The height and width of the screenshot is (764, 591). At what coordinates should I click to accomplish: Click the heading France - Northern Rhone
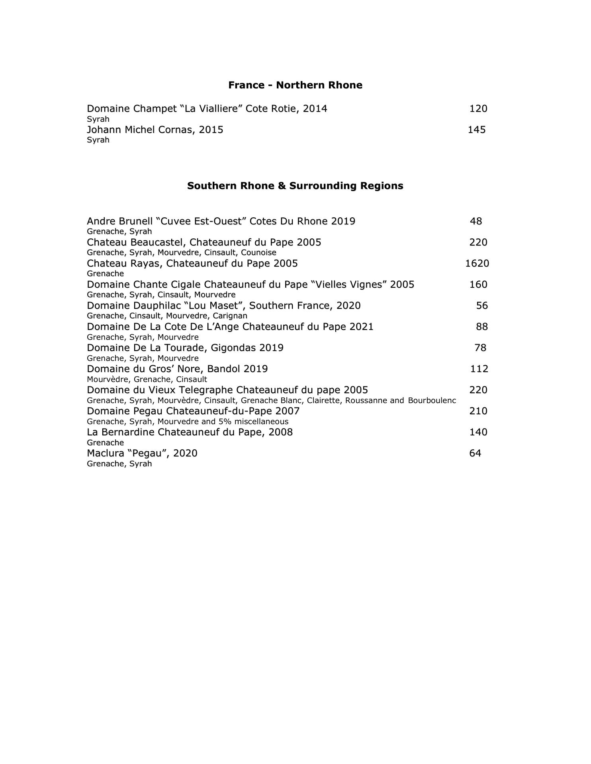coord(295,85)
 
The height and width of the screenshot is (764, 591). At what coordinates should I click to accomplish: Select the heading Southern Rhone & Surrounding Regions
coord(295,186)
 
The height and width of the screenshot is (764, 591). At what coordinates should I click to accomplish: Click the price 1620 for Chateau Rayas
coord(477,263)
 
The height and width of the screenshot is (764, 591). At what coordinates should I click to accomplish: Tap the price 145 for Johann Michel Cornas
coord(476,130)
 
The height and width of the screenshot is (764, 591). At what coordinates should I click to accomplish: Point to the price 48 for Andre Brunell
coord(476,221)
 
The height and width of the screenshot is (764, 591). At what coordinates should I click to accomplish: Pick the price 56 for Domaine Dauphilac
coord(482,306)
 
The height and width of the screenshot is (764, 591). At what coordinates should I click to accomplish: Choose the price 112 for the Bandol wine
coord(479,369)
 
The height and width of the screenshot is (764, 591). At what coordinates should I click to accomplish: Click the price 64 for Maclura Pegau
coord(475,453)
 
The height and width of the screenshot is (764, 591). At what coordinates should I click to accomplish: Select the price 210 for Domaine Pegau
coord(478,411)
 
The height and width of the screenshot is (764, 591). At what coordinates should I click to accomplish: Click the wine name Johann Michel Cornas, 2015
coord(155,130)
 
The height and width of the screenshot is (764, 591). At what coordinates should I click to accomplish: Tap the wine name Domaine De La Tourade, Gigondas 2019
coord(185,348)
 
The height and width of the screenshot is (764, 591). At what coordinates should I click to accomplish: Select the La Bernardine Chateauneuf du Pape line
coord(190,432)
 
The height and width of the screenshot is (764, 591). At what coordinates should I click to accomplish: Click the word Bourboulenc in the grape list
coord(432,400)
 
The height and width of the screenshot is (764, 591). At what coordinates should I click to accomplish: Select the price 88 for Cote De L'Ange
coord(482,327)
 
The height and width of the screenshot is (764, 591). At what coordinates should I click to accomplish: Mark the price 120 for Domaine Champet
coord(478,109)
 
